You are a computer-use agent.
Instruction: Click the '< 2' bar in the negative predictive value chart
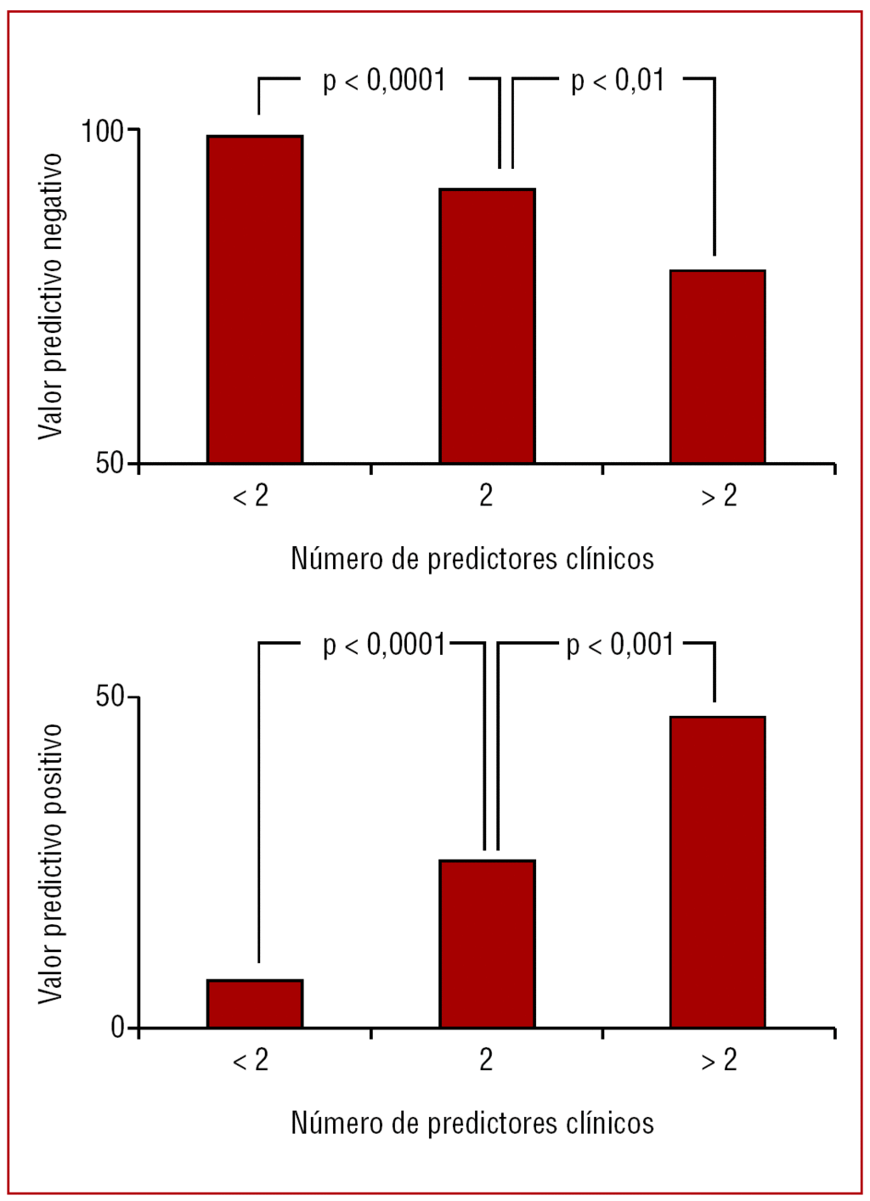coord(255,299)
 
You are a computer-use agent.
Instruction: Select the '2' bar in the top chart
coord(487,325)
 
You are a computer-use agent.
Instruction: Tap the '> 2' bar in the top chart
coord(718,366)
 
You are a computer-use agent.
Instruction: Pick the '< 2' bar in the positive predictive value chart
coord(255,1003)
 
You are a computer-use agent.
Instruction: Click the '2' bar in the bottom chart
coord(487,944)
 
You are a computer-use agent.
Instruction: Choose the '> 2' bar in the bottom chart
coord(718,871)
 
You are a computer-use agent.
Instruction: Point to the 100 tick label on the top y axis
coord(102,132)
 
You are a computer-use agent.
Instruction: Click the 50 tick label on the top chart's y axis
coord(110,464)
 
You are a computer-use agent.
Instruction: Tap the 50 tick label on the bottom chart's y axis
coord(110,696)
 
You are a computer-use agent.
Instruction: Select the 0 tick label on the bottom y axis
coord(117,1028)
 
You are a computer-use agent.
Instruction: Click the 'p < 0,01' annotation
coord(618,81)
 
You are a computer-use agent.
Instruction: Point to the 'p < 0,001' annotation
coord(620,646)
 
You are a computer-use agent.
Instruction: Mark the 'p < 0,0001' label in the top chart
coord(384,81)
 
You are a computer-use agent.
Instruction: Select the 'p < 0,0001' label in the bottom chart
coord(384,646)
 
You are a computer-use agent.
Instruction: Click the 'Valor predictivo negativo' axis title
coord(51,296)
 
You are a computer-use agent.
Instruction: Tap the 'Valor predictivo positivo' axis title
coord(51,863)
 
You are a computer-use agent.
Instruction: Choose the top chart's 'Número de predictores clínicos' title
coord(472,559)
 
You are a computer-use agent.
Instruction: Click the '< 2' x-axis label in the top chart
coord(251,496)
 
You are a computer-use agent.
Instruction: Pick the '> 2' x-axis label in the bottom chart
coord(719,1061)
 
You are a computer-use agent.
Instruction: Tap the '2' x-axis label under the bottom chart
coord(486,1060)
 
